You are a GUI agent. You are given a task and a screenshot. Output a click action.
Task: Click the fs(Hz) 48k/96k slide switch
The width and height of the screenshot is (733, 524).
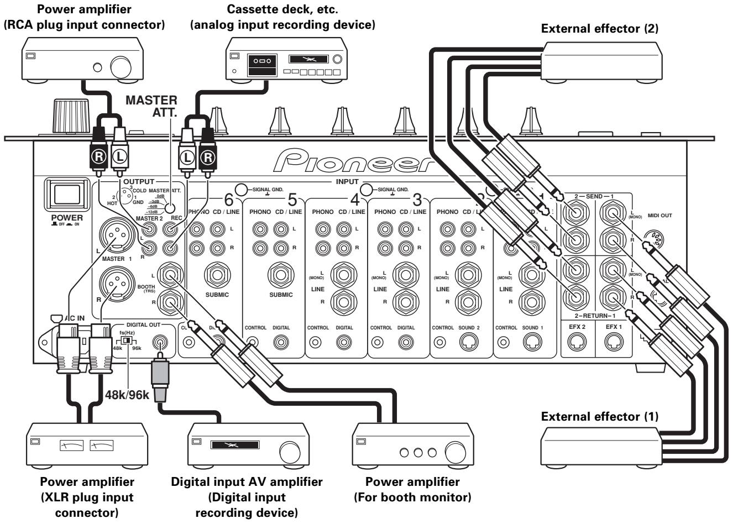click(128, 341)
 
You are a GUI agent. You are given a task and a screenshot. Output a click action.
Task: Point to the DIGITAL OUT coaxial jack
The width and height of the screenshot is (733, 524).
click(160, 343)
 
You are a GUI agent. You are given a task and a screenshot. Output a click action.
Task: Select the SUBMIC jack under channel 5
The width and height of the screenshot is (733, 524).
click(281, 274)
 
